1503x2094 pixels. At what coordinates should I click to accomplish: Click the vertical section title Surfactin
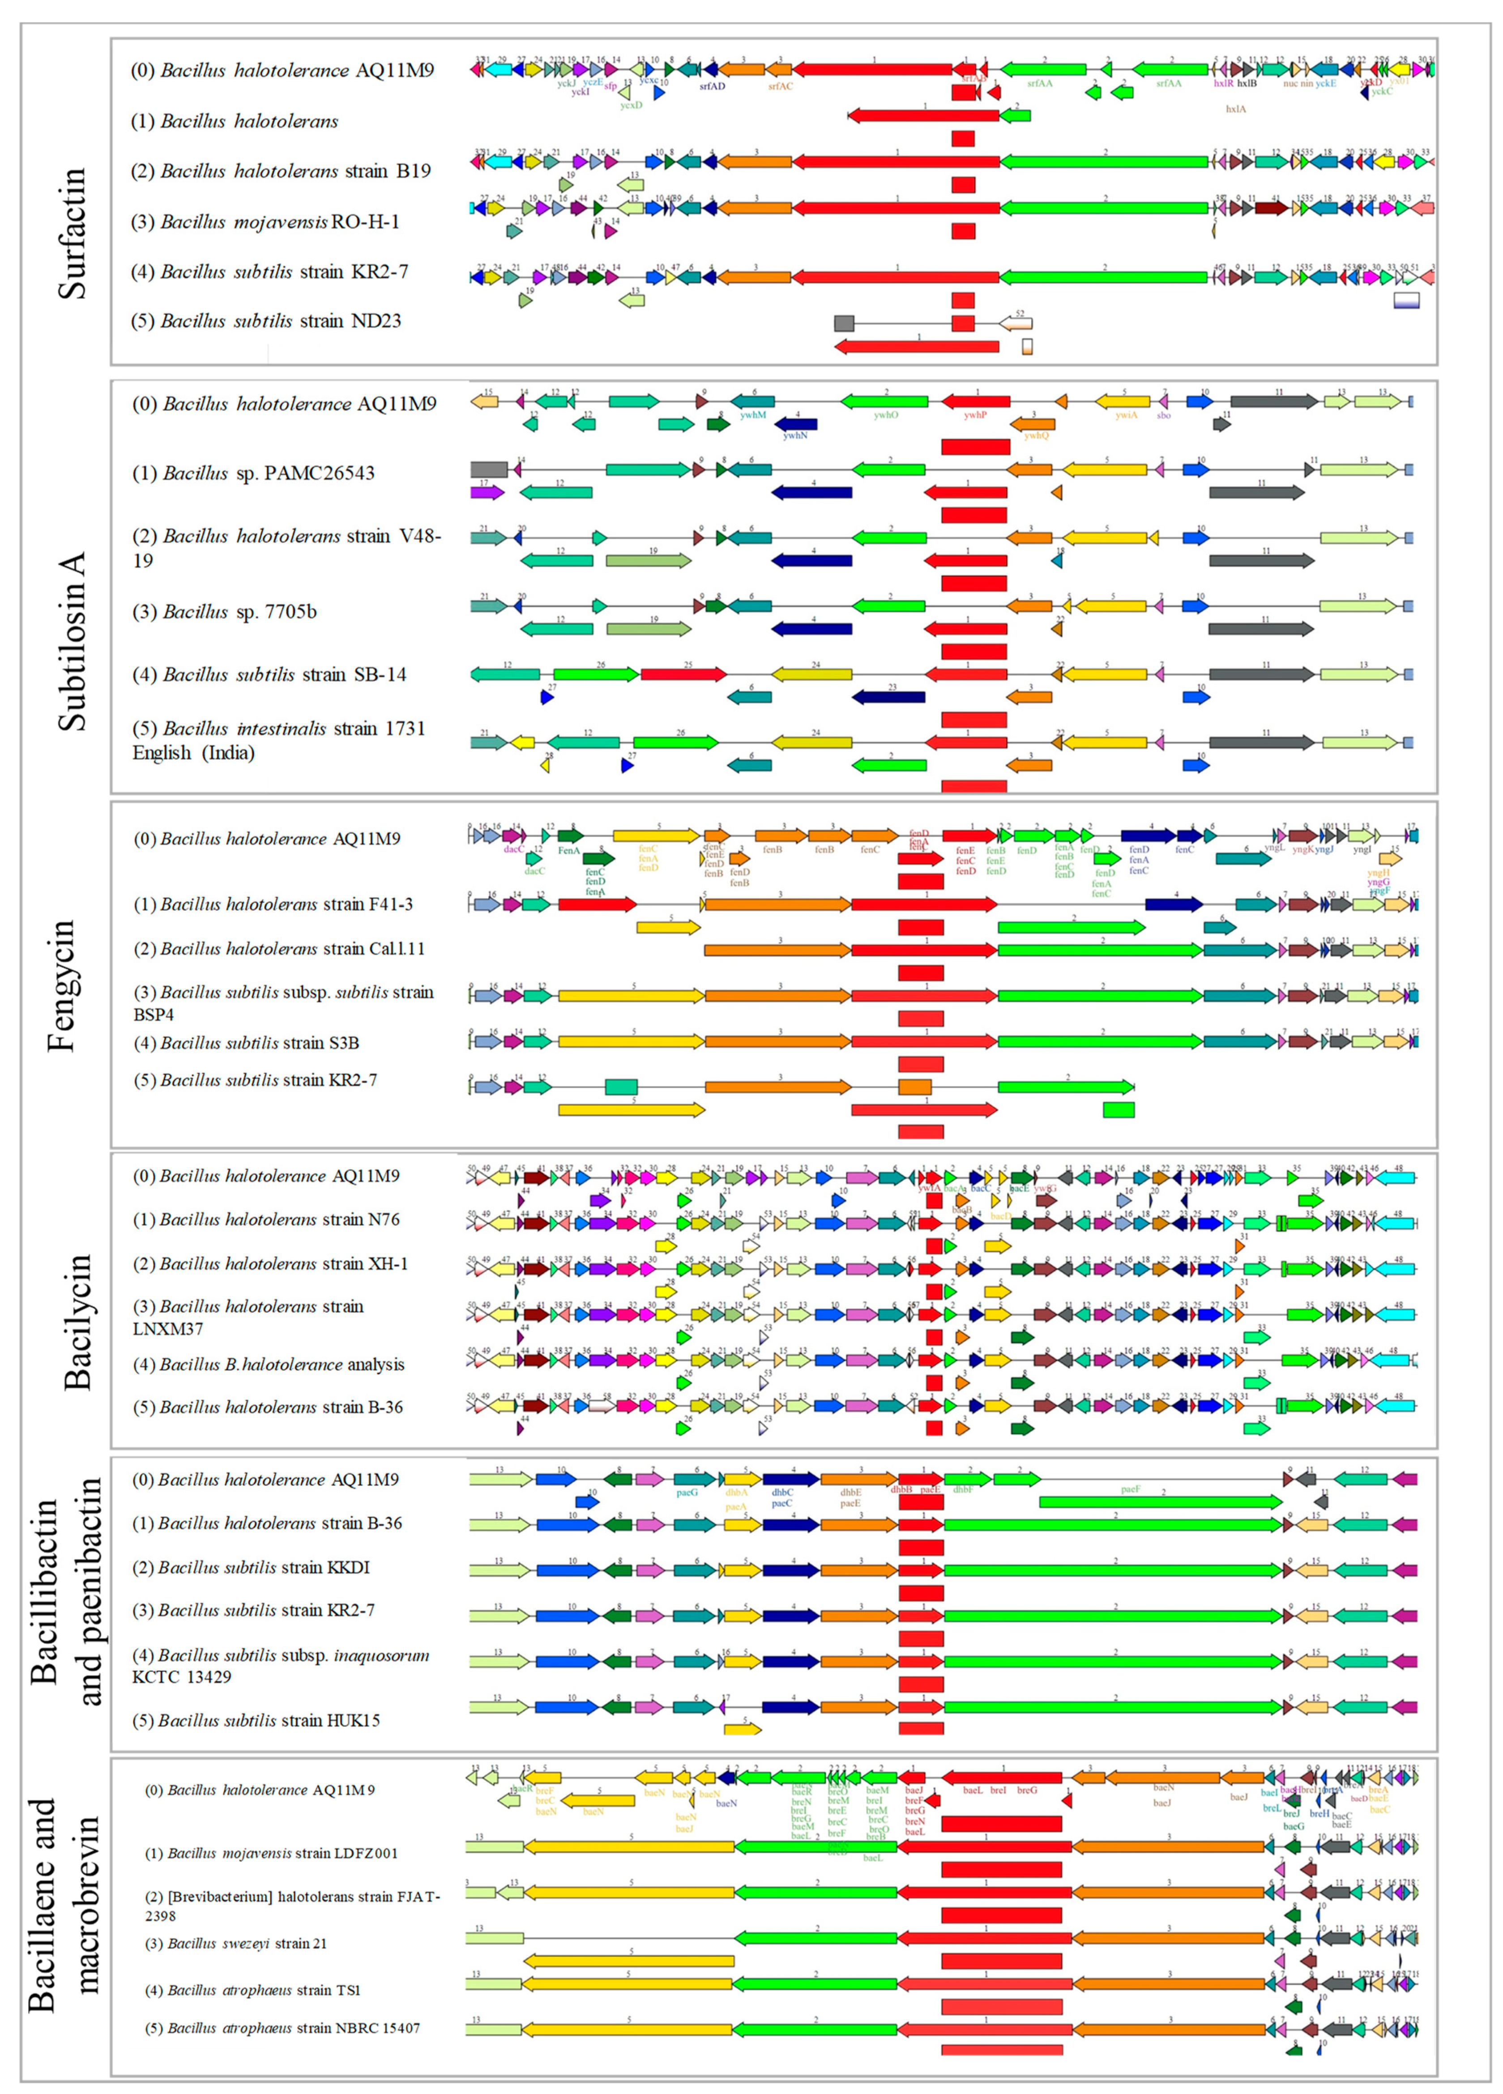[72, 233]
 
